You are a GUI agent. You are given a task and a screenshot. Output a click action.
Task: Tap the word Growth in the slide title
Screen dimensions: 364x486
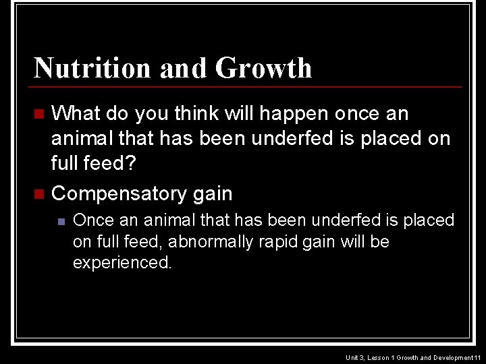(264, 68)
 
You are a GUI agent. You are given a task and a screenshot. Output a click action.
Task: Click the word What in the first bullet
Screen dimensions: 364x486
(76, 114)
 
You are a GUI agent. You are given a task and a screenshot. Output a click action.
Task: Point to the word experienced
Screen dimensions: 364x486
(122, 262)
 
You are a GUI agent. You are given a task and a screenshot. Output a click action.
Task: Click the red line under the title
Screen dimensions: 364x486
(248, 87)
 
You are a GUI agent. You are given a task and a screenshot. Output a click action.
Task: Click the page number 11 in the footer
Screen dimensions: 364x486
(477, 357)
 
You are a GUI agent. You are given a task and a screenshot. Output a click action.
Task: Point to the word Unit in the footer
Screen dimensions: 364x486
(352, 357)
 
